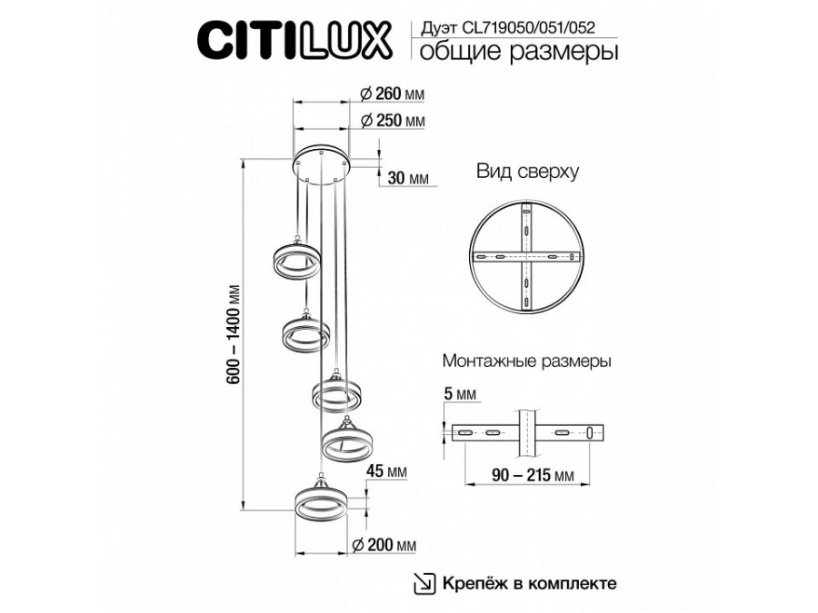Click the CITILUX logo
(x=294, y=41)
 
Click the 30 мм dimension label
(x=408, y=178)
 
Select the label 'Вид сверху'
(x=526, y=172)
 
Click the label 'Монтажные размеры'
(x=525, y=361)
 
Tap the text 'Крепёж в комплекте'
(x=530, y=583)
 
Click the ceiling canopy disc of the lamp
(x=324, y=163)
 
